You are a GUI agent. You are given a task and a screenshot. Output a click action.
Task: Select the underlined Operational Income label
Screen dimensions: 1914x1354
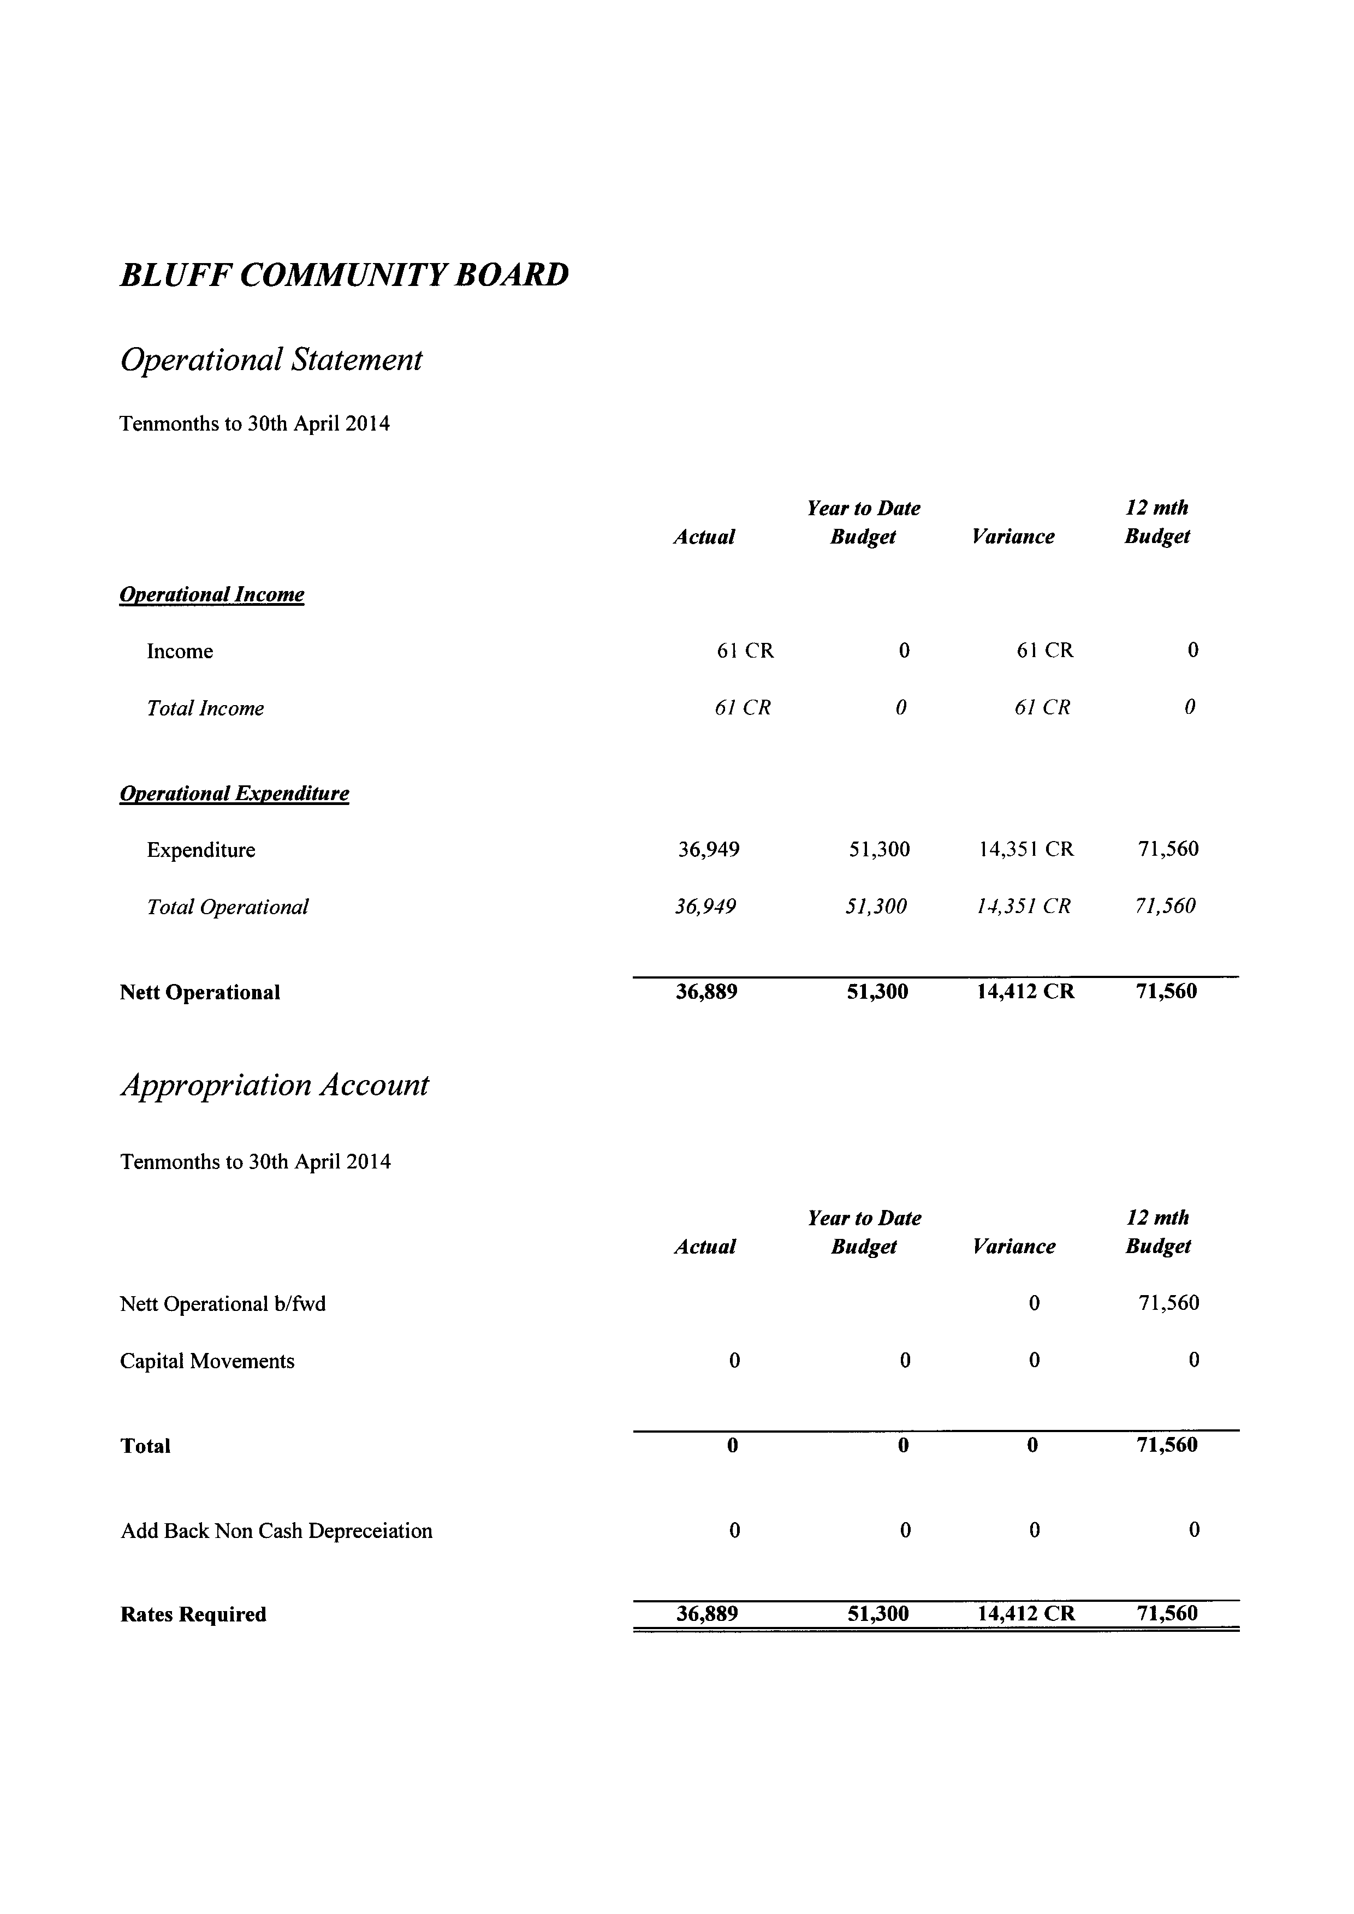coord(212,594)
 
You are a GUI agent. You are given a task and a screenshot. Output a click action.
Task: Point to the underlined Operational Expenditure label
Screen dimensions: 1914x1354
coord(234,793)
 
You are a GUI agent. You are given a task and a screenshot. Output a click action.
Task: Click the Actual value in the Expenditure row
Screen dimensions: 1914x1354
coord(709,849)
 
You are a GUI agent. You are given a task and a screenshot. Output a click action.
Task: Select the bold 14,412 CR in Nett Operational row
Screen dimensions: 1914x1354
coord(1025,992)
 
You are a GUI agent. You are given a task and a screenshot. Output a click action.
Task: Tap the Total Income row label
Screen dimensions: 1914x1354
coord(205,708)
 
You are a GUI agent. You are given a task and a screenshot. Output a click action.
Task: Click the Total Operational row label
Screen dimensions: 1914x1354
coord(228,907)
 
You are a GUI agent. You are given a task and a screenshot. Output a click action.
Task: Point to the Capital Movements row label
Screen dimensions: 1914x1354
coord(207,1361)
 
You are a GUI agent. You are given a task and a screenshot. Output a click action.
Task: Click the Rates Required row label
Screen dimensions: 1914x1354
coord(193,1615)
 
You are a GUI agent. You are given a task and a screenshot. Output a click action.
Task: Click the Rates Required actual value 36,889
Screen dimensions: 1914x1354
coord(707,1614)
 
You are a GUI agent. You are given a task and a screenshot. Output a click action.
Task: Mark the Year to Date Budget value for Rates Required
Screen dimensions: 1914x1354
coord(878,1614)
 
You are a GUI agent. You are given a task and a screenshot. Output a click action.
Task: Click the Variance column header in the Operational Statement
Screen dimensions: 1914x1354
coord(1013,537)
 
